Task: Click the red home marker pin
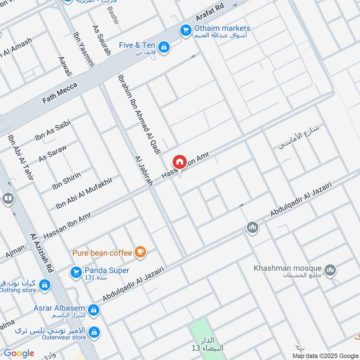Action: click(179, 162)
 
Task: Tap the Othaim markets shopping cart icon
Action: click(185, 30)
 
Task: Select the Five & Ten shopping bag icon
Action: click(164, 46)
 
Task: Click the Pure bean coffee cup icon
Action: click(140, 252)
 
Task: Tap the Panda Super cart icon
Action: click(76, 272)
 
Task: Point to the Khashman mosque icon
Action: click(331, 270)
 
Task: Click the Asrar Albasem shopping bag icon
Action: click(94, 310)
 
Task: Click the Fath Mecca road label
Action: click(60, 93)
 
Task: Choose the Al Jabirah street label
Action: click(144, 171)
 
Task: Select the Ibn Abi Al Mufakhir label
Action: click(84, 193)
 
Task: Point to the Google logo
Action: click(19, 353)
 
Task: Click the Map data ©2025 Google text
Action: click(325, 355)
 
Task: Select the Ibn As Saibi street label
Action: click(53, 131)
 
